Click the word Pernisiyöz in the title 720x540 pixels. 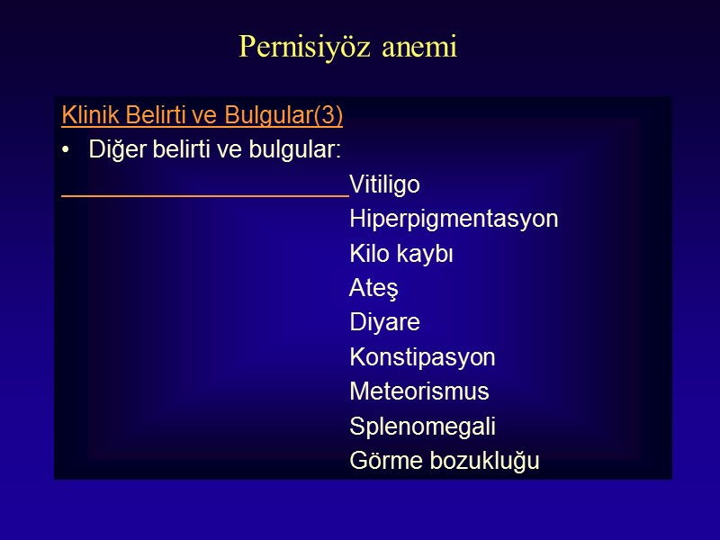pyautogui.click(x=292, y=47)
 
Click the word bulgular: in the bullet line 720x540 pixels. pyautogui.click(x=302, y=150)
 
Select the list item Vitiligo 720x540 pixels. pyautogui.click(x=384, y=185)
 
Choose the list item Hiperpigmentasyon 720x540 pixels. pyautogui.click(x=454, y=220)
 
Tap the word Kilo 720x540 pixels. pyautogui.click(x=369, y=255)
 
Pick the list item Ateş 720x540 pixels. pyautogui.click(x=373, y=289)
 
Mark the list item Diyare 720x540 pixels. pyautogui.click(x=384, y=323)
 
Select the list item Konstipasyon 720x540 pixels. pyautogui.click(x=422, y=357)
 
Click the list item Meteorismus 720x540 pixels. pyautogui.click(x=419, y=391)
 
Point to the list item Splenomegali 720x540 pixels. pyautogui.click(x=422, y=427)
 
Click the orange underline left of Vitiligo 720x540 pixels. pyautogui.click(x=205, y=193)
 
